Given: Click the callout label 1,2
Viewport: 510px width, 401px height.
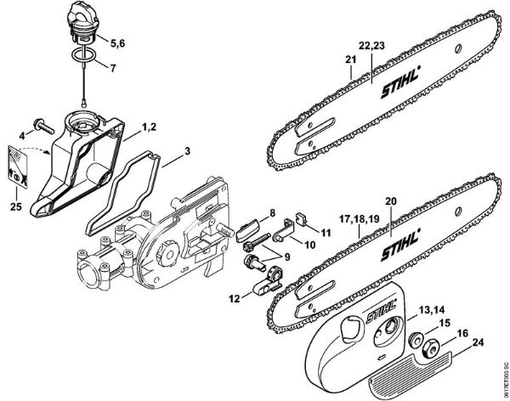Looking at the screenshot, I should click(x=149, y=127).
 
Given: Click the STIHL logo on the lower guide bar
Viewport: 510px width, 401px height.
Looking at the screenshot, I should click(x=401, y=243).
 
